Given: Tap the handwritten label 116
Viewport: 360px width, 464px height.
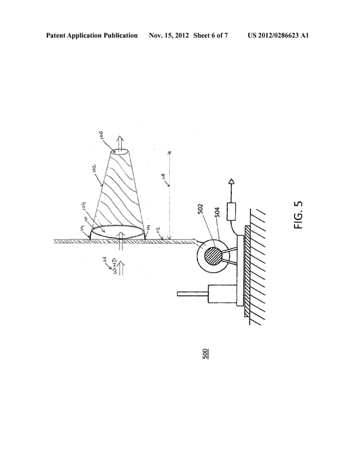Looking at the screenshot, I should point(104,260).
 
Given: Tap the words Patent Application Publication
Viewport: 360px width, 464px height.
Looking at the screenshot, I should point(92,36).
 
